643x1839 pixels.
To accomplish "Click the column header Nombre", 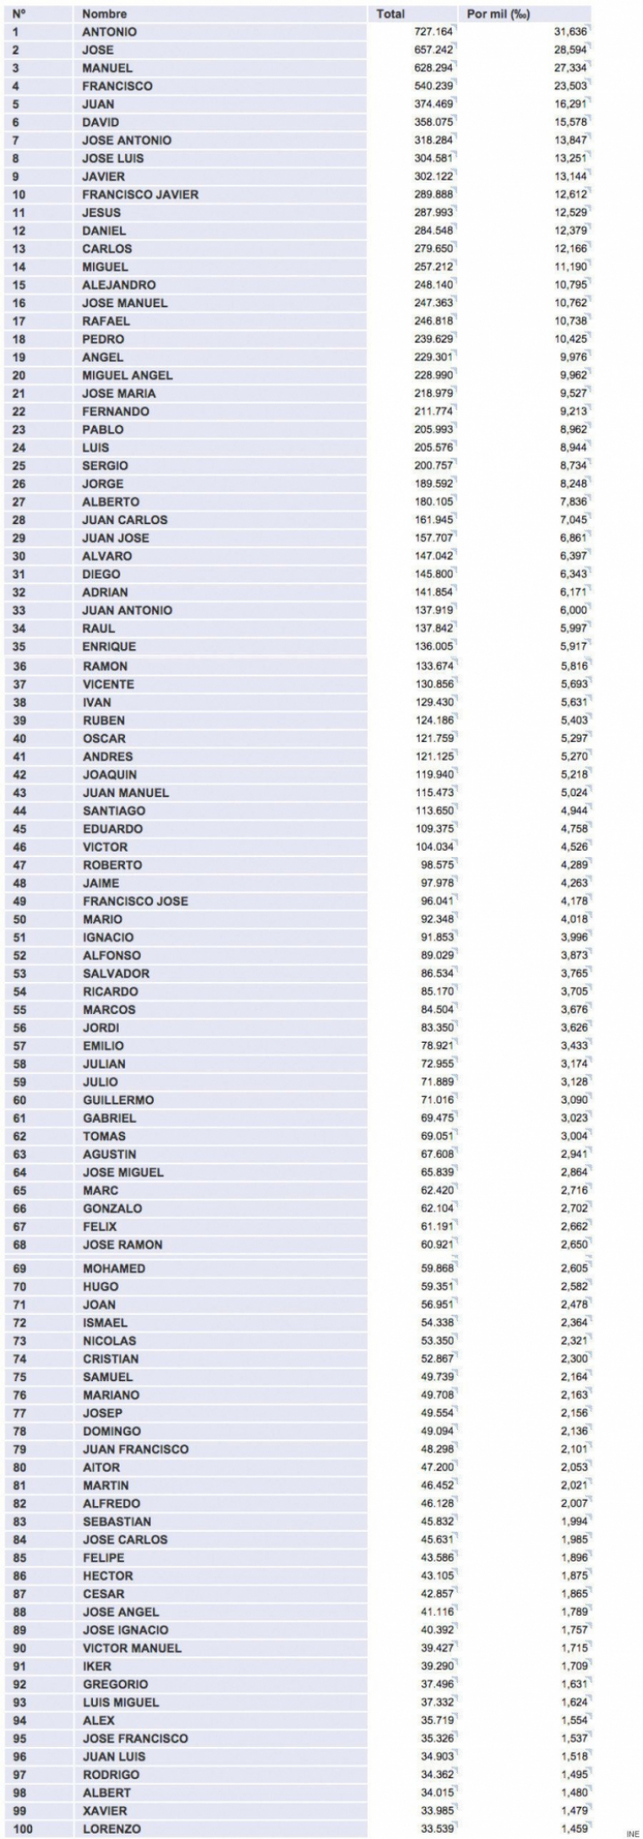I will coord(104,14).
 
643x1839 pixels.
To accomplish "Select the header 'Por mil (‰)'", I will coord(497,14).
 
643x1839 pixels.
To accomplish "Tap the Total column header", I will coord(390,14).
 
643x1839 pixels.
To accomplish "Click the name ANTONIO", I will coord(110,32).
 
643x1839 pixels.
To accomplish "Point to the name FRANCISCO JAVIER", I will coord(140,195).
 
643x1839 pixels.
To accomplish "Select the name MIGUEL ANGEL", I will coord(128,375).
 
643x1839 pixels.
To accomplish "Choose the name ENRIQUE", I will coord(110,646).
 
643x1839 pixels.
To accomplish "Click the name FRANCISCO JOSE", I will coord(136,901).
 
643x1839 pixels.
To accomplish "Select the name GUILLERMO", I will coord(119,1100).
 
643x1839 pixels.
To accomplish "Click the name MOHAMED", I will coord(113,1269).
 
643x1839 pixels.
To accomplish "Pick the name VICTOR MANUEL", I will coord(132,1648).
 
